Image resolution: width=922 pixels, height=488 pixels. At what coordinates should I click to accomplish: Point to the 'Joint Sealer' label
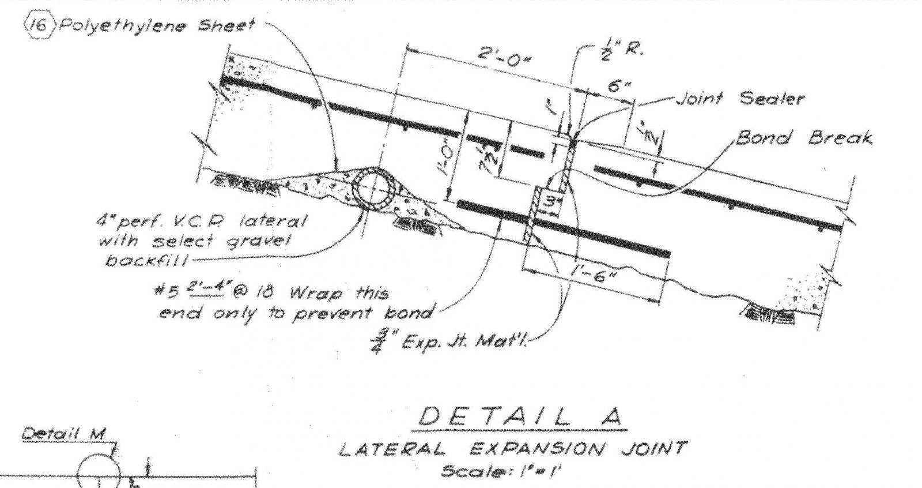(739, 99)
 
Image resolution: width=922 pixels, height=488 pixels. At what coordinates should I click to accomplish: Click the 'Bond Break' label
(804, 138)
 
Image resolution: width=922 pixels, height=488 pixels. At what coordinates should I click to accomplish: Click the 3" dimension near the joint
(551, 202)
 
